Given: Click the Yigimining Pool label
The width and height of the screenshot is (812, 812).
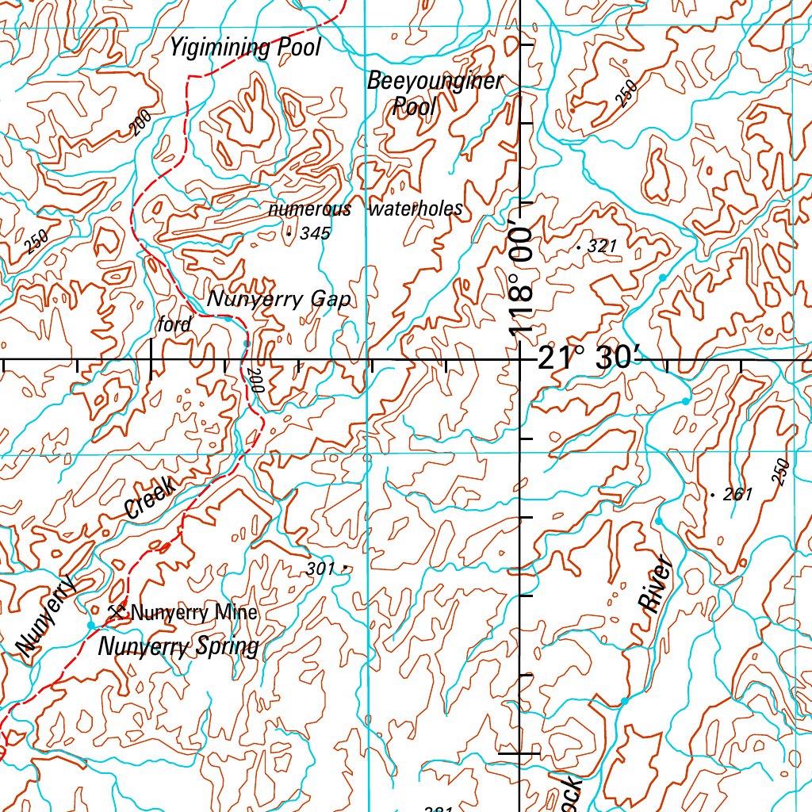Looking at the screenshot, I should click(245, 48).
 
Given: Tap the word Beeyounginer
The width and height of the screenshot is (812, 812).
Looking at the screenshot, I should click(435, 82).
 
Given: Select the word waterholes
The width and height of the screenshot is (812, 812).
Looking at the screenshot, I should click(416, 209).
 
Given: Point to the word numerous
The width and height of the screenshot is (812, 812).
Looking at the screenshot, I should click(309, 209).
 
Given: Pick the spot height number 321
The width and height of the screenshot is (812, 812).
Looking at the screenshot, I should click(603, 247).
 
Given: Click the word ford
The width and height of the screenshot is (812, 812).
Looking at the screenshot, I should click(174, 324).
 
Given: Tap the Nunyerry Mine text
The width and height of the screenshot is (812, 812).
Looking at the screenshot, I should click(193, 612).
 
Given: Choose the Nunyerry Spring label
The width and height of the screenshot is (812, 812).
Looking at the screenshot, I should click(178, 647).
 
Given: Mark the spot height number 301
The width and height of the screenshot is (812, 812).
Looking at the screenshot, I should click(320, 569).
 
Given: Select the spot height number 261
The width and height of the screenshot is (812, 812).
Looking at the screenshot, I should click(737, 495).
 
